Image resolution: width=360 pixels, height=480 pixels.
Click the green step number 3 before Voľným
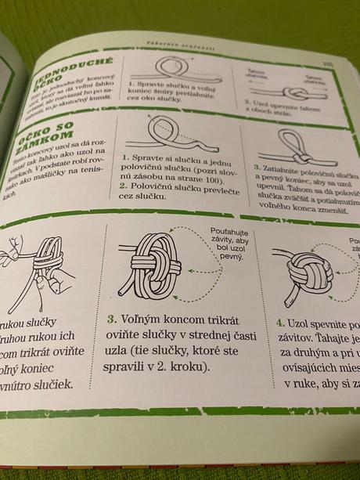click(113, 319)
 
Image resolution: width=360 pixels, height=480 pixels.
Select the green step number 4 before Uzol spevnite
click(279, 323)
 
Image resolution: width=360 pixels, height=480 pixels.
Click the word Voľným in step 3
click(139, 319)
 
